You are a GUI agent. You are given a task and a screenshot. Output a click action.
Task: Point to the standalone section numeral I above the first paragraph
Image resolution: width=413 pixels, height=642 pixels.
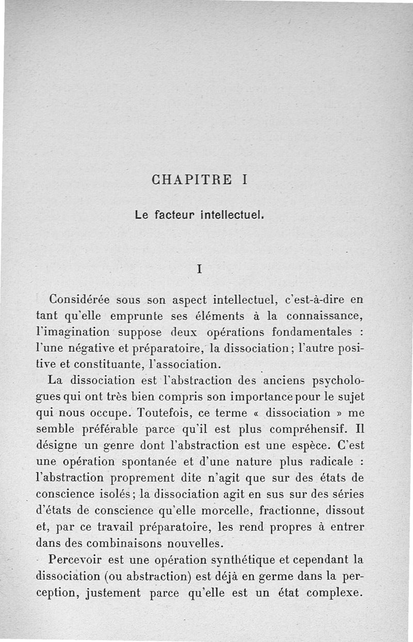click(x=199, y=269)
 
